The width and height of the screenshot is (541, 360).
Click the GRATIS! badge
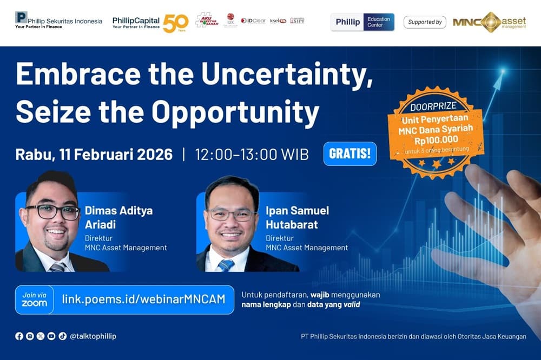(x=349, y=154)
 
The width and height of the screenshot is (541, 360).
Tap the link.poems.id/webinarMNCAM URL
(x=143, y=299)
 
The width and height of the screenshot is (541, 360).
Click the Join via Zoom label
(x=35, y=299)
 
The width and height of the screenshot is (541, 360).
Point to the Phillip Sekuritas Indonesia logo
(x=58, y=21)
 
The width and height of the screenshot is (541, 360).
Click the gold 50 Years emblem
(x=175, y=23)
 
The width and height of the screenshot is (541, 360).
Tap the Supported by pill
(x=425, y=22)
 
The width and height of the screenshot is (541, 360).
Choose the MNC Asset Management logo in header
(x=489, y=22)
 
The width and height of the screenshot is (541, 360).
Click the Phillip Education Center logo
(x=362, y=22)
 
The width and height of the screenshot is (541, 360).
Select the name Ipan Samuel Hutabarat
(x=298, y=218)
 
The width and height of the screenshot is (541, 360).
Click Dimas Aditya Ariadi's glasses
(x=52, y=212)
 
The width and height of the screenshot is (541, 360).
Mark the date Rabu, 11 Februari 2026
(x=94, y=154)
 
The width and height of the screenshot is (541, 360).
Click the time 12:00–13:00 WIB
(x=252, y=154)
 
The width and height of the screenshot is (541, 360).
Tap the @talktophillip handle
(x=93, y=336)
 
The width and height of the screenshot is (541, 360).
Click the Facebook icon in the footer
(x=19, y=336)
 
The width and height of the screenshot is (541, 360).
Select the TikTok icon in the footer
(x=62, y=336)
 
